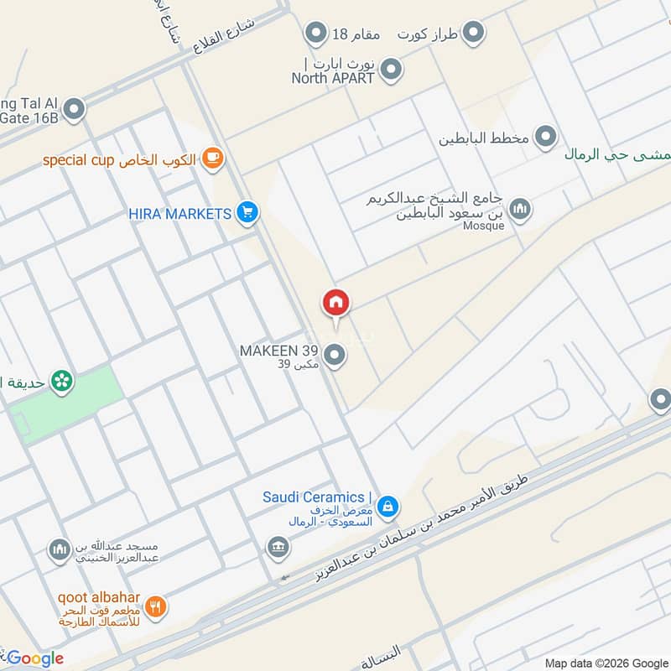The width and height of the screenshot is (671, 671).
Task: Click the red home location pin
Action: [x=335, y=303]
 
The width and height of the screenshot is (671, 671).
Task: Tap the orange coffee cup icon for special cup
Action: [x=213, y=159]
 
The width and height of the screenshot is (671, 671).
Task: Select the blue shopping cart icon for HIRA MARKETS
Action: [x=246, y=213]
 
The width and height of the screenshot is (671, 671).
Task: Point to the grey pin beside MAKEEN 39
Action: [x=335, y=356]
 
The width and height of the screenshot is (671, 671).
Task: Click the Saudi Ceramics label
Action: [x=314, y=497]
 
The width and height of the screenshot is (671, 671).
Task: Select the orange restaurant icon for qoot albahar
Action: [x=155, y=606]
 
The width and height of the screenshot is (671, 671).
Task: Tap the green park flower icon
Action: [x=60, y=382]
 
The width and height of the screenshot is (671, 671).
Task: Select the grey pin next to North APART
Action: [x=389, y=72]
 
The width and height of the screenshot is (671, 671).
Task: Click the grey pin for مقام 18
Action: [x=315, y=34]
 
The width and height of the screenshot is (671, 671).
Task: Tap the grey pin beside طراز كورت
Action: [x=474, y=34]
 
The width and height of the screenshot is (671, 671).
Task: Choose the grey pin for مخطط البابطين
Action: [x=546, y=136]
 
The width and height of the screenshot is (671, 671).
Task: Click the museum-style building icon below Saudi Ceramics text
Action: [x=278, y=548]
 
